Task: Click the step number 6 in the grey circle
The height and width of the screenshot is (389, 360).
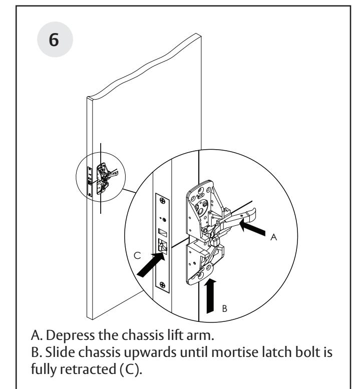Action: coord(54,40)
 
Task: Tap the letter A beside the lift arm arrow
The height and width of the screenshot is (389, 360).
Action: coord(273,237)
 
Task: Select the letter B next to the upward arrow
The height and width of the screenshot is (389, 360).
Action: coord(224,308)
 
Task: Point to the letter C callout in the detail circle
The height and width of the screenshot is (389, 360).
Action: coord(137,255)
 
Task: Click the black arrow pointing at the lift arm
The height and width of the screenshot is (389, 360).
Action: coord(252,228)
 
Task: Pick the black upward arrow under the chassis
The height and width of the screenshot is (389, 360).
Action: coord(210,295)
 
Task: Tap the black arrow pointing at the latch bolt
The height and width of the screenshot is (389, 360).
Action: coord(151,264)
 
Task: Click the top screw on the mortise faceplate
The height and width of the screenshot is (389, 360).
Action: coord(163,200)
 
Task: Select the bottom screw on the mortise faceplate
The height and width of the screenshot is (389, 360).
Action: coord(163,284)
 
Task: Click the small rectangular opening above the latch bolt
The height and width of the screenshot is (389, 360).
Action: coord(163,232)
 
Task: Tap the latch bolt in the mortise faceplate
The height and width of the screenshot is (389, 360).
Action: coord(163,246)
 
